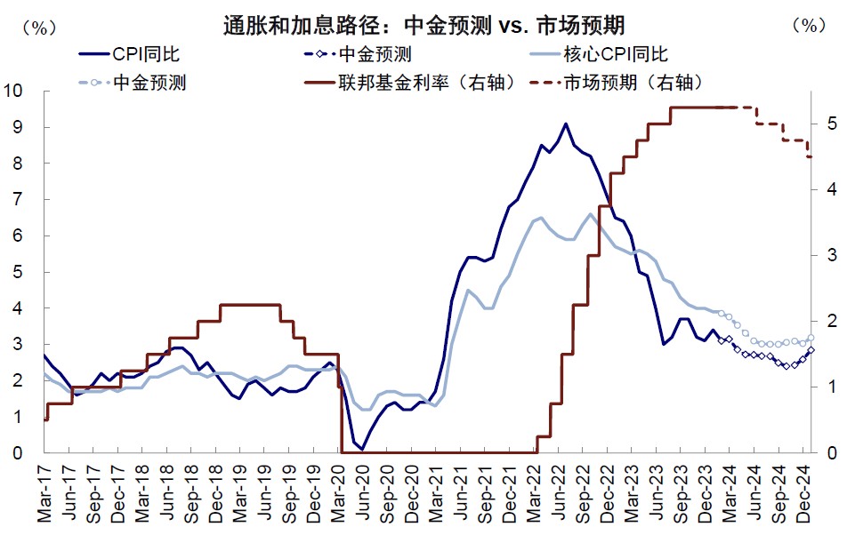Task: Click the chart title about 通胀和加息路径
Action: (x=429, y=24)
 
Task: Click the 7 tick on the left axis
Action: (x=19, y=199)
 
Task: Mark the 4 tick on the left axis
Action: (x=19, y=308)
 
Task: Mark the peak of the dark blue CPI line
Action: (x=566, y=124)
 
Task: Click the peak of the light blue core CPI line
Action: (x=591, y=213)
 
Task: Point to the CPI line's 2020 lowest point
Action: (x=362, y=449)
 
